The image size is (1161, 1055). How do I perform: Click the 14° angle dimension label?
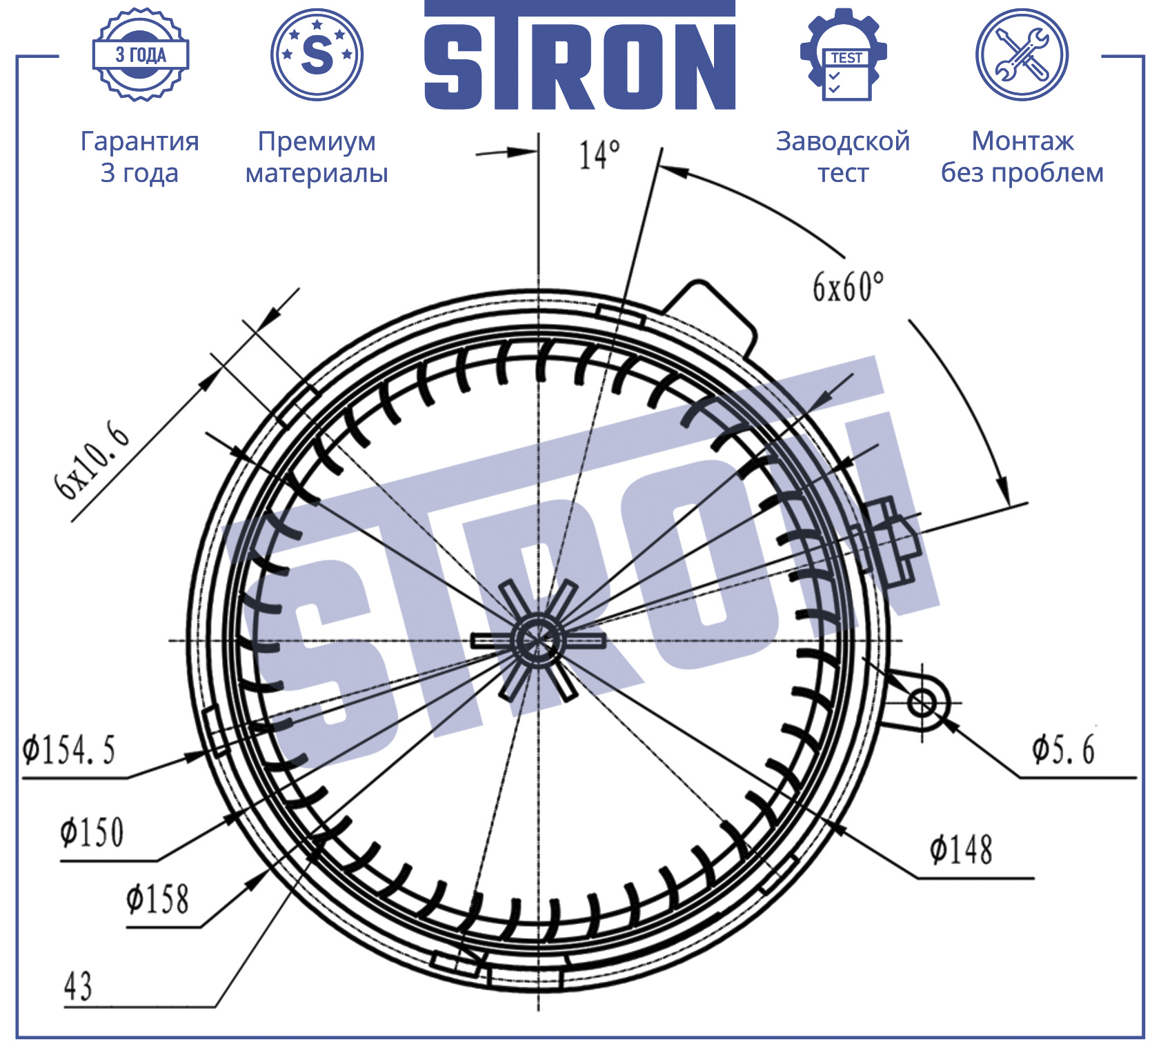(599, 155)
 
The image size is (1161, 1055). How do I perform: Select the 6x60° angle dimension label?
(847, 287)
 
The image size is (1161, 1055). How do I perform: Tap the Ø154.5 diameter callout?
(68, 750)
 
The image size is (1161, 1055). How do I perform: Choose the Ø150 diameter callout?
(92, 832)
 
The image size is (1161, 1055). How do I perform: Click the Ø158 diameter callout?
(157, 899)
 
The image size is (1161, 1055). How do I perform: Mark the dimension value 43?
(78, 986)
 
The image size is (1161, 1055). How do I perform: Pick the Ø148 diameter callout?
(961, 850)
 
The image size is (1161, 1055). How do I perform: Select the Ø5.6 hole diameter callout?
(1063, 749)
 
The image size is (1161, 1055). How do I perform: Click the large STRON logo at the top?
(579, 57)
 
